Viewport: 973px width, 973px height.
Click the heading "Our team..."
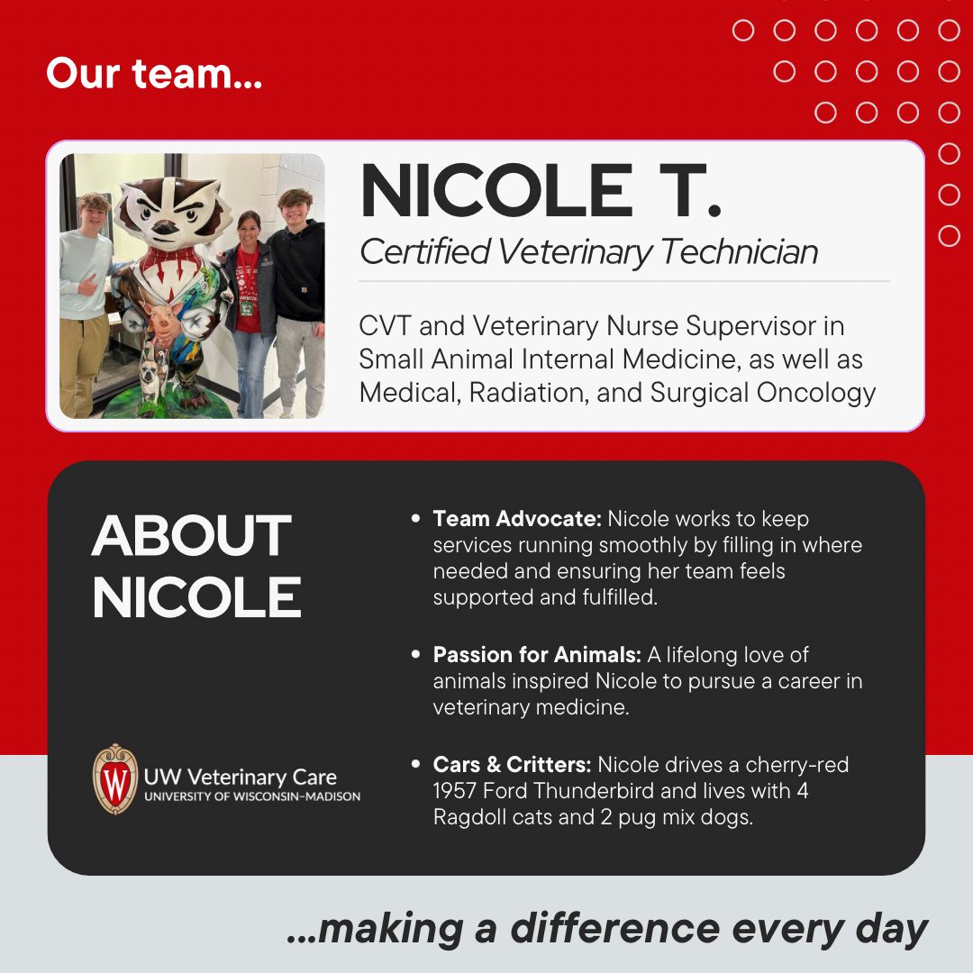point(154,73)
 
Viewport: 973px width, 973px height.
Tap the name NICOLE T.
point(541,193)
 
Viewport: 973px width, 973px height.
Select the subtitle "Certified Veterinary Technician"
point(588,251)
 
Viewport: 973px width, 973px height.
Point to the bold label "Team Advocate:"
point(517,519)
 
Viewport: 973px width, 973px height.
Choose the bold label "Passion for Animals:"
point(537,655)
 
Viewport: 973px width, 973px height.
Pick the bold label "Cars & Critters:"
point(512,765)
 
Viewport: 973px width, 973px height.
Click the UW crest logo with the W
point(114,778)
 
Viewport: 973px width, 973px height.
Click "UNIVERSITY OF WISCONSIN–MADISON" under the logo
point(251,796)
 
